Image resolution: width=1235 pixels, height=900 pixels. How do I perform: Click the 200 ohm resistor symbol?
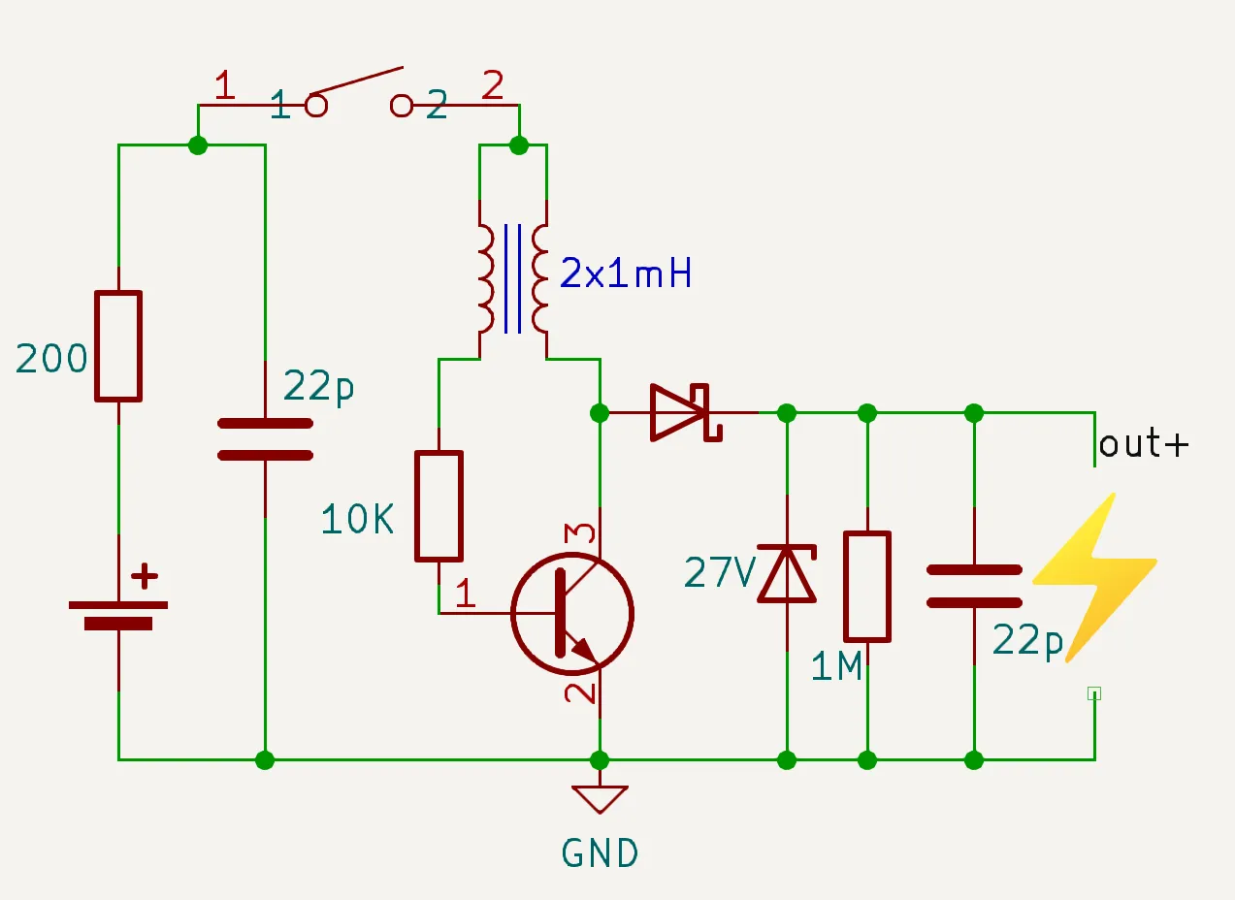pos(118,345)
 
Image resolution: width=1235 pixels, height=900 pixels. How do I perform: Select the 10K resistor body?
pos(439,505)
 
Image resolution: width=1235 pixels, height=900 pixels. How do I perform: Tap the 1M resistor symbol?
pos(867,586)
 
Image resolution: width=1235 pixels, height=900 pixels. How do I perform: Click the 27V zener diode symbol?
pos(787,573)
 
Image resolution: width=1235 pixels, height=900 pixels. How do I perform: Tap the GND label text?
pos(601,853)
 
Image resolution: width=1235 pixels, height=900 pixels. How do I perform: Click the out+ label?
pos(1143,444)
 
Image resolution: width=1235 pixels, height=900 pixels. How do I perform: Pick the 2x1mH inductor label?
pos(626,275)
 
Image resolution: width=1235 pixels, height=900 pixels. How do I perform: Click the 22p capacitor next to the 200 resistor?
pos(265,438)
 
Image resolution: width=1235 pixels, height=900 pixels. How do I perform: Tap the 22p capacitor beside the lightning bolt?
pos(974,586)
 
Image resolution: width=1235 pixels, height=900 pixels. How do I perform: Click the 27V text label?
pos(719,573)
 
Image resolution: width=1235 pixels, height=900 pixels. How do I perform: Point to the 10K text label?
pos(358,521)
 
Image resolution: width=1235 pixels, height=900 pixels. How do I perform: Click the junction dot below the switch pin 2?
pos(519,145)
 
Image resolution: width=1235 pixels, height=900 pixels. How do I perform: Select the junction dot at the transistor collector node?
pos(601,413)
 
